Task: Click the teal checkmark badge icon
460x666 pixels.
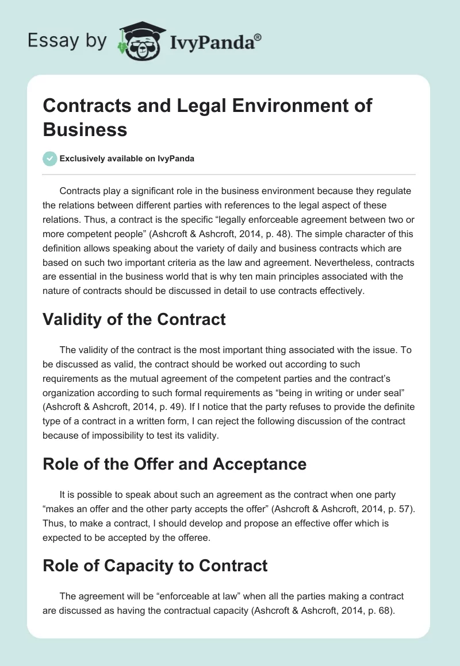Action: coord(50,159)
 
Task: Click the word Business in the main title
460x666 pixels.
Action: coord(85,129)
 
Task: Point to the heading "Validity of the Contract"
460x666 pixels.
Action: coord(134,319)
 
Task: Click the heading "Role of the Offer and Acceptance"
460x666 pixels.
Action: coord(174,463)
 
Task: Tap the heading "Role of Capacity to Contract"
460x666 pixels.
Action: coord(155,566)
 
